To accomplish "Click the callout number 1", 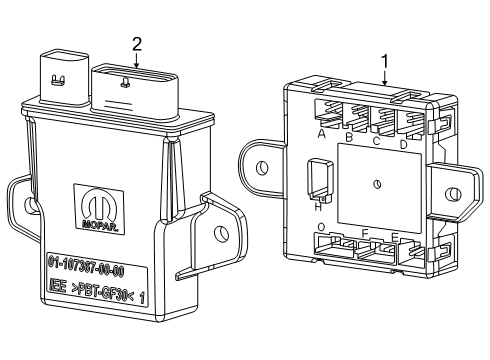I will tap(384, 60).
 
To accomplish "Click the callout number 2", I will tap(136, 42).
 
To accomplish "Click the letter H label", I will tap(318, 206).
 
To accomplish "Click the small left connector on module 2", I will tap(62, 73).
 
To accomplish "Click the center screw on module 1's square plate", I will tap(377, 182).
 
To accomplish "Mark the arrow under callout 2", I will tap(136, 59).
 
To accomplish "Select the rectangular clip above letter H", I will tap(319, 179).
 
